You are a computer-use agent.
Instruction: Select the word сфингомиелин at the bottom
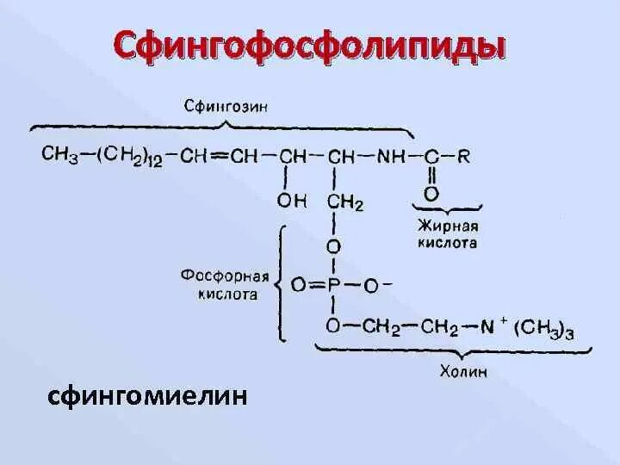(148, 396)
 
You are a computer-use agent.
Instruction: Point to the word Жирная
(447, 226)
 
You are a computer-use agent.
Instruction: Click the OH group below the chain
(290, 201)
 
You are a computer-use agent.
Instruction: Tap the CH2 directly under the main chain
(344, 203)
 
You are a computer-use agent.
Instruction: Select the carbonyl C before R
(431, 157)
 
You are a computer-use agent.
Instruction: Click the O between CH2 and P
(333, 246)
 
